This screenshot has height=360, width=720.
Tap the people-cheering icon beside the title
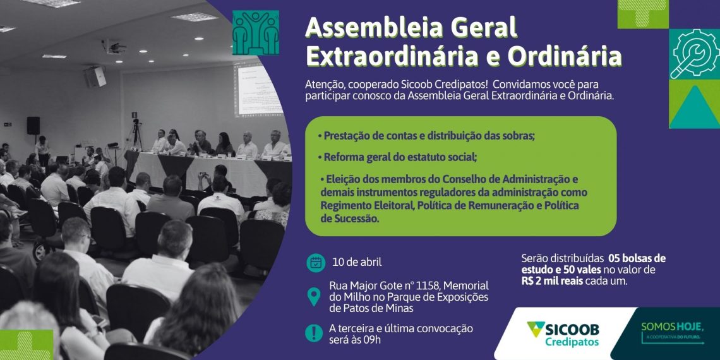coord(256,33)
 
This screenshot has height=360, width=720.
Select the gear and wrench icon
coord(694,54)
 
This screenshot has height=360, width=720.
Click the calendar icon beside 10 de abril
coord(315,263)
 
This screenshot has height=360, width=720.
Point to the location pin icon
coord(314,297)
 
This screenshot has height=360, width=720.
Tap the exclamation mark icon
coord(314,333)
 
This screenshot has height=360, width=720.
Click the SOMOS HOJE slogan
coord(673,327)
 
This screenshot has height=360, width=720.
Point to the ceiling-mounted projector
coord(114,47)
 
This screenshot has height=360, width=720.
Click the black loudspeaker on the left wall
coord(33,125)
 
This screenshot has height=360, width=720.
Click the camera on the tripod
coord(135,123)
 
